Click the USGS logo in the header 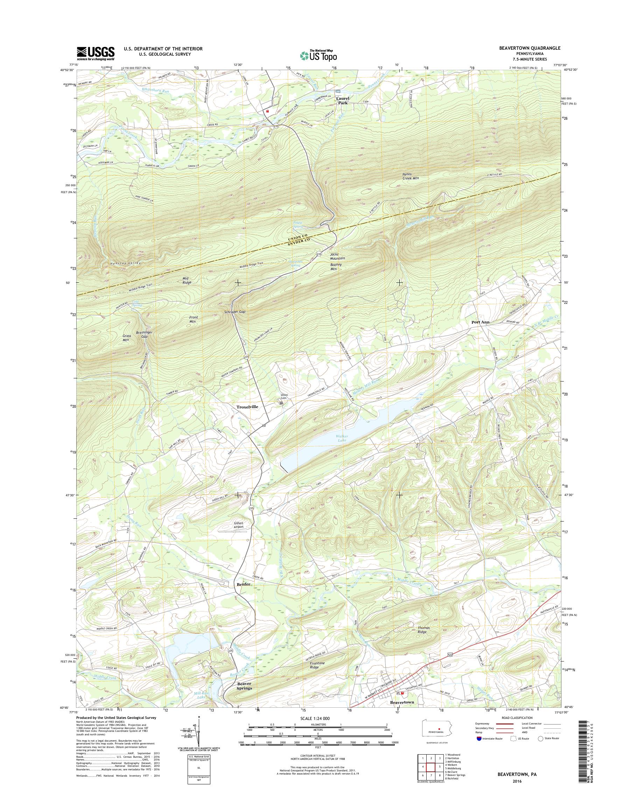pyautogui.click(x=96, y=53)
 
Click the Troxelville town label pyautogui.click(x=247, y=407)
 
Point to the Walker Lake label pyautogui.click(x=342, y=438)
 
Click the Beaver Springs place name pyautogui.click(x=245, y=686)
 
